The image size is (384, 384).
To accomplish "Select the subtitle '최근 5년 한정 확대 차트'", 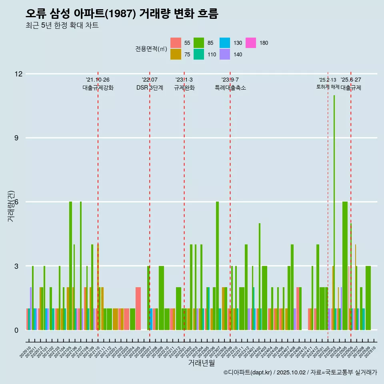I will pyautogui.click(x=62, y=26).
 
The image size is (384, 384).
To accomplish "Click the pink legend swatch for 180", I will pyautogui.click(x=251, y=43).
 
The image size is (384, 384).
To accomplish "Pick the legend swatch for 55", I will pyautogui.click(x=176, y=43).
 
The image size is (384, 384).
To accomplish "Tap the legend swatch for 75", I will pyautogui.click(x=176, y=54).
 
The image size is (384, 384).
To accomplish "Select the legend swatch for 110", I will pyautogui.click(x=199, y=54).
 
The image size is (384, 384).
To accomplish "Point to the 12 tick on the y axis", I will pyautogui.click(x=18, y=74).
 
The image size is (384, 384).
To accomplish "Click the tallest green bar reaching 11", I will pyautogui.click(x=334, y=212).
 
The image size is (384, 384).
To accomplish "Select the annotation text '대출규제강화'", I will pyautogui.click(x=98, y=88).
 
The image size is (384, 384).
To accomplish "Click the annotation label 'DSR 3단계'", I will pyautogui.click(x=150, y=88).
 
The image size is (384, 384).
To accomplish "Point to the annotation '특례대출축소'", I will pyautogui.click(x=230, y=88).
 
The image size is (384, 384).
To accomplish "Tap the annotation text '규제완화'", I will pyautogui.click(x=184, y=88).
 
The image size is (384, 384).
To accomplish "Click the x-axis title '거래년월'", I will pyautogui.click(x=201, y=363).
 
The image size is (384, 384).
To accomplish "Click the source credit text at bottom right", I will pyautogui.click(x=300, y=373).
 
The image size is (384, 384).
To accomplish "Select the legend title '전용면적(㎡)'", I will pyautogui.click(x=151, y=49).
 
